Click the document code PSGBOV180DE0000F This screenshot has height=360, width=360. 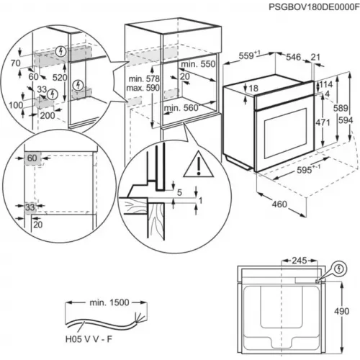click(x=314, y=6)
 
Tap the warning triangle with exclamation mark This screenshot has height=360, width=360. click(x=198, y=165)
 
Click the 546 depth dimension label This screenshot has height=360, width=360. click(x=293, y=57)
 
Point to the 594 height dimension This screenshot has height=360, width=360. click(x=346, y=120)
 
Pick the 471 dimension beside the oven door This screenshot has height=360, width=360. click(x=323, y=122)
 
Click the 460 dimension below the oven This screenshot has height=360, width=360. click(x=279, y=204)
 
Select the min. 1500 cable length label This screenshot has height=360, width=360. click(x=109, y=302)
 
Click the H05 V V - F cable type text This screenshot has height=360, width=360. click(x=89, y=339)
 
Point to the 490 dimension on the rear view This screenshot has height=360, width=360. click(x=341, y=311)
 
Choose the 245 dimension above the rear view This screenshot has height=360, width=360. click(x=300, y=261)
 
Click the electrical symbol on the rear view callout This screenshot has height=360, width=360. click(x=339, y=269)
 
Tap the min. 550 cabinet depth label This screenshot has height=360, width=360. click(x=198, y=64)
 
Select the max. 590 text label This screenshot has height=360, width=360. click(x=143, y=88)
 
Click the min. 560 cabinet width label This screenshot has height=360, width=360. click(x=181, y=108)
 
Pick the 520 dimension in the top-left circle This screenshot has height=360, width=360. click(x=60, y=77)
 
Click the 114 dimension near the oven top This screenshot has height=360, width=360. click(x=326, y=84)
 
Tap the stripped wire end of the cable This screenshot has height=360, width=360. click(x=140, y=318)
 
